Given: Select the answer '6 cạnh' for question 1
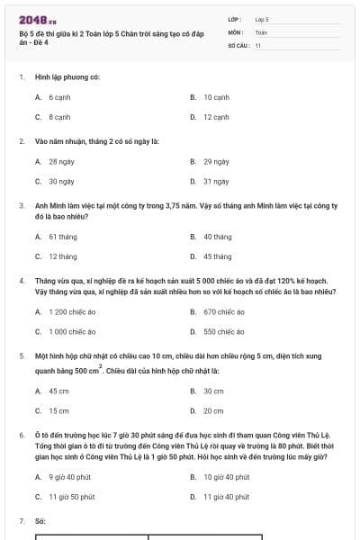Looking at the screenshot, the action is (x=59, y=96).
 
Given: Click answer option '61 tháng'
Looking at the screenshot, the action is (x=62, y=237).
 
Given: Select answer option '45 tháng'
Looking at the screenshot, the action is (x=217, y=256).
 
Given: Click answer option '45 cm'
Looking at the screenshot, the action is (x=58, y=391).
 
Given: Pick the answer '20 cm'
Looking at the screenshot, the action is (x=213, y=410).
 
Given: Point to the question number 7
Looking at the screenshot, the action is (x=21, y=521).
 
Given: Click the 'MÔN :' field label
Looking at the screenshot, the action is (x=236, y=31).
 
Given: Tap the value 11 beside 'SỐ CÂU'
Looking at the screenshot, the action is (x=258, y=44).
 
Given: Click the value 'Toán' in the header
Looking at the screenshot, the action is (x=261, y=31).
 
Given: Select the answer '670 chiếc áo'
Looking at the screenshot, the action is (x=223, y=311).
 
